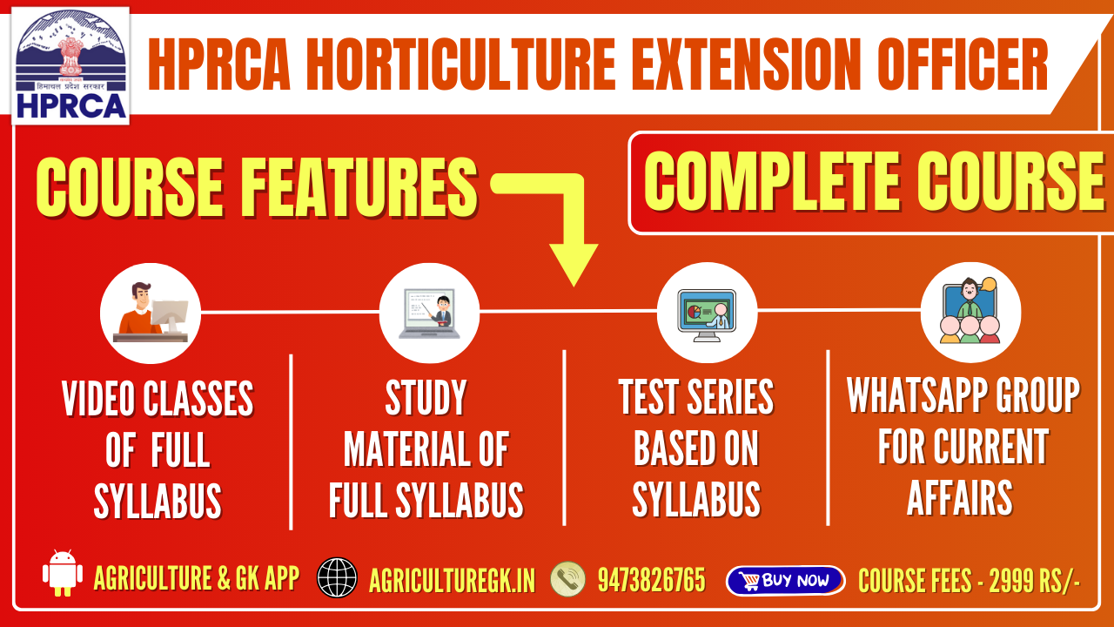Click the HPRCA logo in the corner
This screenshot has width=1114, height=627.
pyautogui.click(x=70, y=65)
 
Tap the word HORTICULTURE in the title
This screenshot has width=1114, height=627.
pyautogui.click(x=460, y=64)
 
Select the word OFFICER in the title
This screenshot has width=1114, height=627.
pyautogui.click(x=963, y=64)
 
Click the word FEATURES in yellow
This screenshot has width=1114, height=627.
pyautogui.click(x=360, y=186)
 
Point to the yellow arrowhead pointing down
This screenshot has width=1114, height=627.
pyautogui.click(x=574, y=264)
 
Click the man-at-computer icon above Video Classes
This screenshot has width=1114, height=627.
pyautogui.click(x=151, y=313)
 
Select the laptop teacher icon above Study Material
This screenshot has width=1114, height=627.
pyautogui.click(x=429, y=313)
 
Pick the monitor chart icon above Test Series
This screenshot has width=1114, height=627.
pyautogui.click(x=707, y=313)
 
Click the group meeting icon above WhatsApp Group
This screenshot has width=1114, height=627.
pyautogui.click(x=970, y=312)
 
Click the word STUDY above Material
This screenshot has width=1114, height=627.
pyautogui.click(x=426, y=397)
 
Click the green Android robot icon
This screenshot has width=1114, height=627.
pyautogui.click(x=62, y=573)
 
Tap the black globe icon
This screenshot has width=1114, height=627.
pyautogui.click(x=337, y=577)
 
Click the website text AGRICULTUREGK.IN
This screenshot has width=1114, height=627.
pyautogui.click(x=452, y=580)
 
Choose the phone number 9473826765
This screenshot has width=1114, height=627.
pyautogui.click(x=652, y=580)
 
